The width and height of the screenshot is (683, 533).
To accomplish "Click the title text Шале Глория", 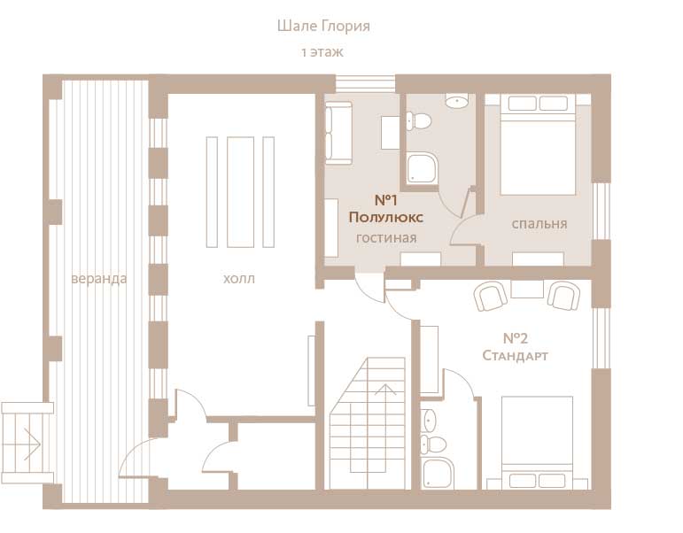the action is [x=323, y=27].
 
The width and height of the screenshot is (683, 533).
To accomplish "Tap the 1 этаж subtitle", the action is [x=322, y=52].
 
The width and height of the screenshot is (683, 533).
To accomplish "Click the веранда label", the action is [x=99, y=278].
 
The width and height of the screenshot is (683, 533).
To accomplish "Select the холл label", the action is [x=238, y=279].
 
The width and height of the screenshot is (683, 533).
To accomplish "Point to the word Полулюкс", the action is [x=386, y=217].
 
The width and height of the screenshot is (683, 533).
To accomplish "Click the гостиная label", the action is [x=386, y=238].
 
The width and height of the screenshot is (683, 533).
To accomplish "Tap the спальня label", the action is [x=539, y=224].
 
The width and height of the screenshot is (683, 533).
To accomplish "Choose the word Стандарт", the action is [x=515, y=355].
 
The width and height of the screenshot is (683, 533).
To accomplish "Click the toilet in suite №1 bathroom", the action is [x=419, y=120].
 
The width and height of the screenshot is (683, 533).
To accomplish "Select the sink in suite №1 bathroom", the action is [x=456, y=101].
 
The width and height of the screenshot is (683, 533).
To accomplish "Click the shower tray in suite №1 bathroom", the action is [x=422, y=167].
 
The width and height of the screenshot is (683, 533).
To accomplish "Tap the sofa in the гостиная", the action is [x=338, y=133].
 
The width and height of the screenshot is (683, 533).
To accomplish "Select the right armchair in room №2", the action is [x=564, y=296].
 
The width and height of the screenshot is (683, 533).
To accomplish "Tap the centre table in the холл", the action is [x=240, y=192].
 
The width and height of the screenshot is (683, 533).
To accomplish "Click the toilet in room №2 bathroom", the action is [x=433, y=444].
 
